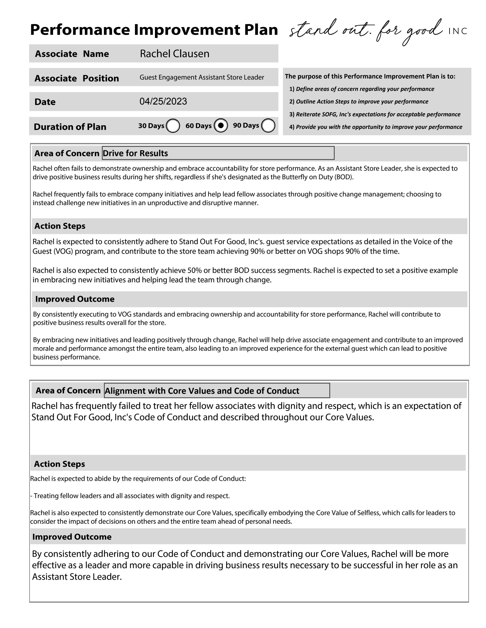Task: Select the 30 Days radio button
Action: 173,126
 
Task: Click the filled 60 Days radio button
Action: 221,125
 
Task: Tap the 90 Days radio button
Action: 268,125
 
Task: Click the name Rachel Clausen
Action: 174,54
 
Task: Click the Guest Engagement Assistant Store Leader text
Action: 202,77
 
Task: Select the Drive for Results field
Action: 218,153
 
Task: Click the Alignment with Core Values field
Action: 217,390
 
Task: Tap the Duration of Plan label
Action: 70,127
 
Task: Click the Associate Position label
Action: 77,78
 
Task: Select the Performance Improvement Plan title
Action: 154,30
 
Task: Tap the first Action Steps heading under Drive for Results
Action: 60,226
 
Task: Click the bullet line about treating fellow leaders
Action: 130,496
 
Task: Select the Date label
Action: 45,102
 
